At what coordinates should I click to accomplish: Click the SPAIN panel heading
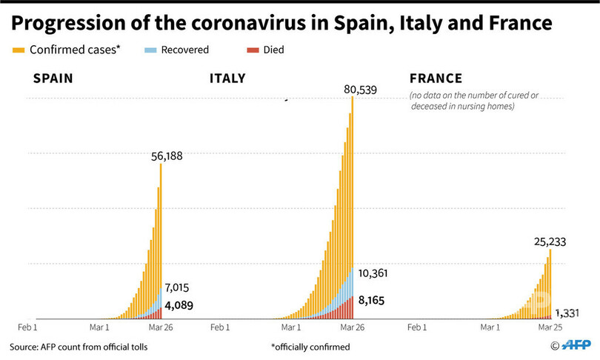coord(53,79)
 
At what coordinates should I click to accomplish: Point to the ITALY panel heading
coord(228,79)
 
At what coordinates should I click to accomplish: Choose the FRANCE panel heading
coord(436,79)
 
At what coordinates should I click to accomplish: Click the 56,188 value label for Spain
coord(166,156)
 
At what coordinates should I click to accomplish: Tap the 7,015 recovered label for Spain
coord(177,287)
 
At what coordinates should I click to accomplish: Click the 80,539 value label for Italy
coord(361,90)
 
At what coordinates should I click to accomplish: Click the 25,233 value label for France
coord(552,241)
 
